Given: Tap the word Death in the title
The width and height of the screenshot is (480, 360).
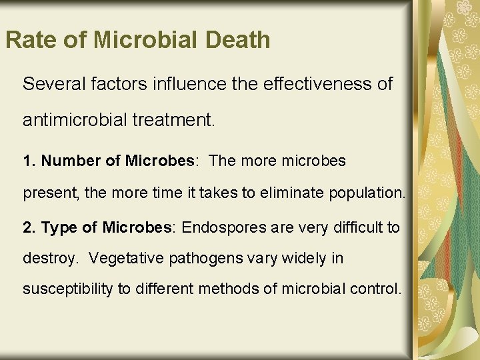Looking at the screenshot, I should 237,40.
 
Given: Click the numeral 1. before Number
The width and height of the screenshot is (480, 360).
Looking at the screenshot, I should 29,161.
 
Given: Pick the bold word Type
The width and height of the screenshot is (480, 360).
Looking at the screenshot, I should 61,227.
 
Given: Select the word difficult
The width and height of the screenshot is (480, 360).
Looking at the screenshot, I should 355,227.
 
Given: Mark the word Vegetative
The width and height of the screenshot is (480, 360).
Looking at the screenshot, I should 124,258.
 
